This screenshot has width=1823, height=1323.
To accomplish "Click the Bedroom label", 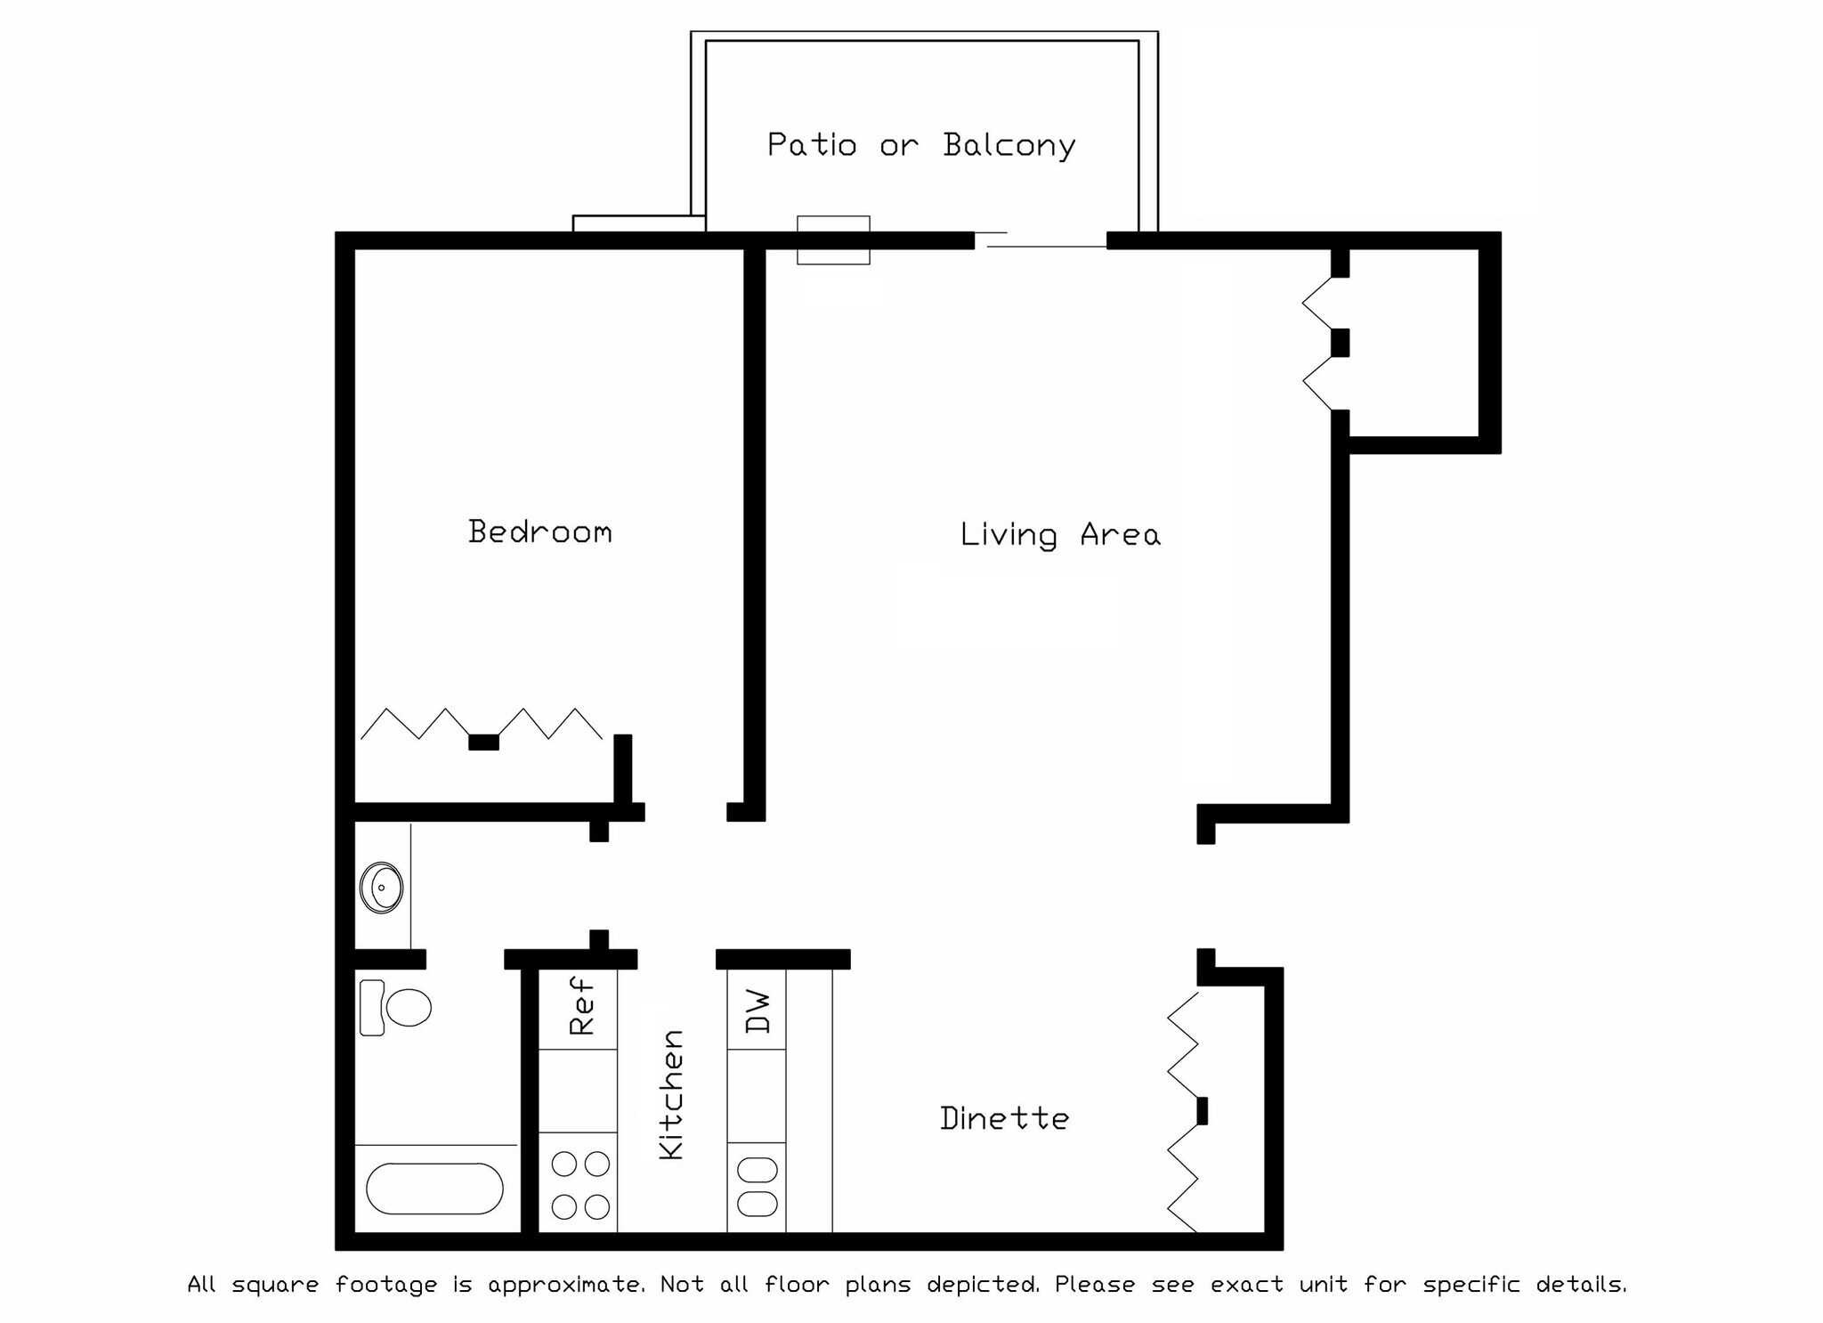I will tap(540, 532).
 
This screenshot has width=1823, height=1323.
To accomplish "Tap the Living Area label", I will tap(1059, 534).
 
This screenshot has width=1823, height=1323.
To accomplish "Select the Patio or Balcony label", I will tap(921, 145).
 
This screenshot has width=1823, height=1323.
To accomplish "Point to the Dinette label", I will tap(1004, 1118).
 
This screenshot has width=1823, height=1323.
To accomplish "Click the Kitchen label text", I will tap(672, 1094).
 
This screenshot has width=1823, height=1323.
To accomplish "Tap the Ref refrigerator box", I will tap(579, 1009).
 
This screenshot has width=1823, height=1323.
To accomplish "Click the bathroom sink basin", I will tap(382, 887).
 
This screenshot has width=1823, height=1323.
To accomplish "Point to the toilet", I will tap(396, 1008).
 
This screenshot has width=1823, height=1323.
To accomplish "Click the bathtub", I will tap(434, 1188).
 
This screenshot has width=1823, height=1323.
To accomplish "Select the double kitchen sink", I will tap(757, 1187).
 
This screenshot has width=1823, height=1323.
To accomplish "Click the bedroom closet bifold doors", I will tap(482, 726).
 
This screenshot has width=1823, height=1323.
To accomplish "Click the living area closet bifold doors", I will tap(1320, 343).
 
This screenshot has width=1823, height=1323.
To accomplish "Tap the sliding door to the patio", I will tap(1041, 239).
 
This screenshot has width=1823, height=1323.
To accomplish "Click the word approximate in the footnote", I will tap(565, 1285).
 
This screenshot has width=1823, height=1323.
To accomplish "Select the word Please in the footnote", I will tap(1094, 1285).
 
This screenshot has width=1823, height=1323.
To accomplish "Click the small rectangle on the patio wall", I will tap(832, 239).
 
